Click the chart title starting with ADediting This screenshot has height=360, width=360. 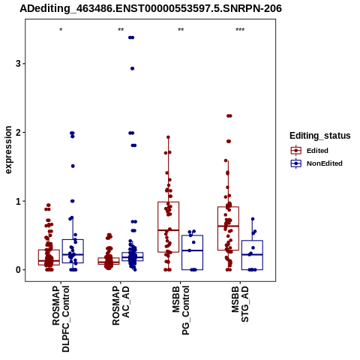(151, 9)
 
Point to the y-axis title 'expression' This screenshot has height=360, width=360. (8, 150)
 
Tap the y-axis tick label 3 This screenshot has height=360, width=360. (18, 64)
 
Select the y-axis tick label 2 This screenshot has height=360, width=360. (18, 132)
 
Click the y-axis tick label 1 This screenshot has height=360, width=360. (18, 201)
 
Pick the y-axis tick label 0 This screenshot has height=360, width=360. (18, 270)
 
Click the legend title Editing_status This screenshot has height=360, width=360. (320, 136)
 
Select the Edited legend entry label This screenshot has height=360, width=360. (317, 151)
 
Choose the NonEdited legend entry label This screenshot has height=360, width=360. (325, 163)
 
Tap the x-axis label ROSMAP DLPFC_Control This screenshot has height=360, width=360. (61, 319)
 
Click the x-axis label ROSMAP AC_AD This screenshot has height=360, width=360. (121, 305)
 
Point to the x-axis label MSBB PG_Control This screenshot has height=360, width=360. (181, 310)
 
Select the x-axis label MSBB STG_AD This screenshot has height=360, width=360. (240, 304)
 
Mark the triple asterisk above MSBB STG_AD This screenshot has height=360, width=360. (240, 30)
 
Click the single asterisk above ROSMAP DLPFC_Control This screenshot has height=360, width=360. (61, 30)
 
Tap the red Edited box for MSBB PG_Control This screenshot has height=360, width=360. (169, 227)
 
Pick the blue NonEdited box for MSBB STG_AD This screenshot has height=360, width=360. (252, 255)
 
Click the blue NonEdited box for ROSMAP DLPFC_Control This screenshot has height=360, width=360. (73, 251)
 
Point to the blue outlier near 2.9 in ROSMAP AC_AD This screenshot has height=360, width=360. (132, 68)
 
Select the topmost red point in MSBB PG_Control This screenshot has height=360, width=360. (168, 137)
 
